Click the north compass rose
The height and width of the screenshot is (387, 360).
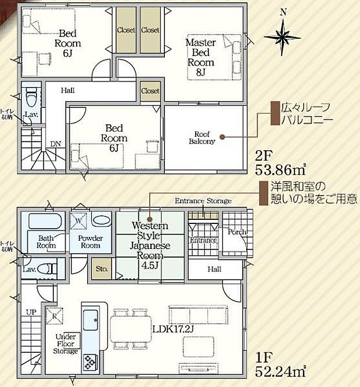283,36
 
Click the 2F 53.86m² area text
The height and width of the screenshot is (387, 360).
280,163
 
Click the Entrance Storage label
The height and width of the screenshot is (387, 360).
203,201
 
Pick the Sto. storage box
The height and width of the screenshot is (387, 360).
102,269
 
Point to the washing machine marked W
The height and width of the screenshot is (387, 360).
77,221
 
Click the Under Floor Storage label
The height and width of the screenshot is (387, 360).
66,343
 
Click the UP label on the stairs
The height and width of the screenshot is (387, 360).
30,312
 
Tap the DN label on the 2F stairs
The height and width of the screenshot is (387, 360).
55,144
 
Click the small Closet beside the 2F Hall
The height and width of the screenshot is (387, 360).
150,91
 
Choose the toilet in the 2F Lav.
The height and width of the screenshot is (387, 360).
32,94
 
